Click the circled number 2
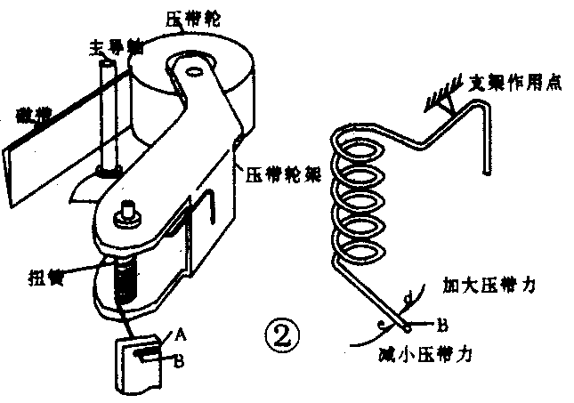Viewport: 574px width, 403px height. [282, 336]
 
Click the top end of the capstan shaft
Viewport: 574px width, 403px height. [109, 61]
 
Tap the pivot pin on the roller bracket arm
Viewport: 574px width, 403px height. [125, 211]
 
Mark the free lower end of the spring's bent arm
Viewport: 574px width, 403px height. [484, 171]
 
